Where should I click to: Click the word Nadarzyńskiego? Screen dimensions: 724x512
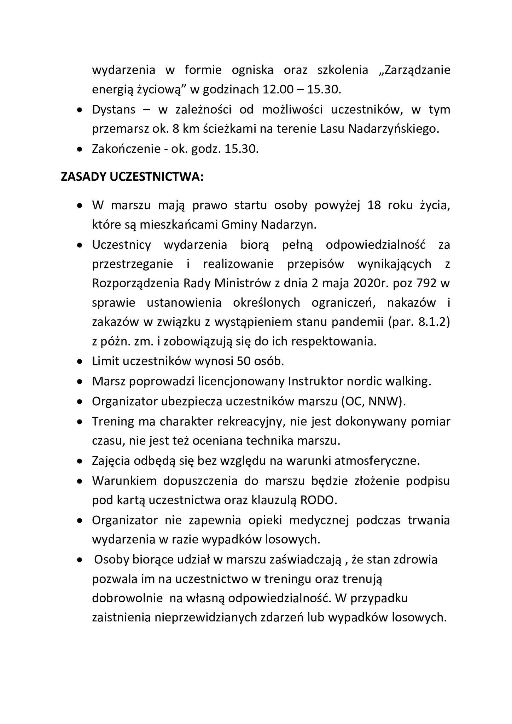pos(394,129)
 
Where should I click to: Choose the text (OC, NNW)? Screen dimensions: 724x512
pos(374,401)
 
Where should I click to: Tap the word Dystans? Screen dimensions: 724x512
pos(114,110)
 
